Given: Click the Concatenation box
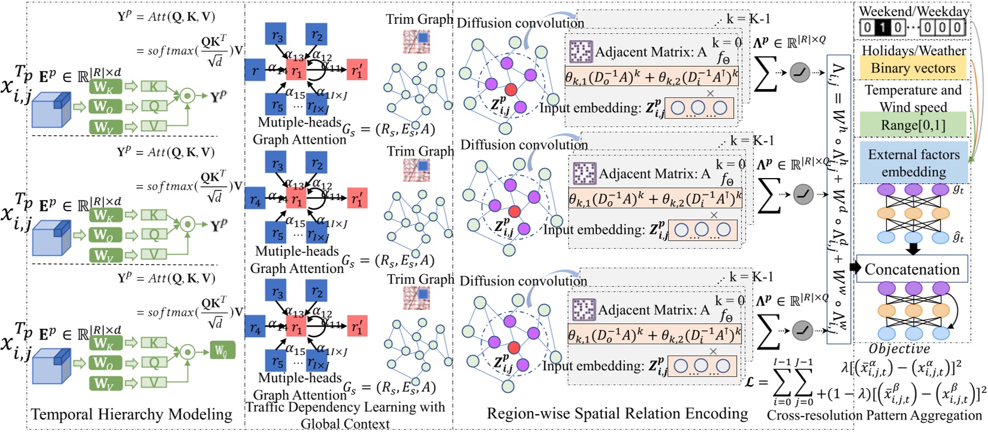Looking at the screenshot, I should coord(912,269).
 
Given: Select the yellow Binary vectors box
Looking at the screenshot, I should coord(913,68).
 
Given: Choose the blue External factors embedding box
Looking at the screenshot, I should coord(913,163).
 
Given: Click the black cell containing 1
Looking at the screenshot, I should coord(883,27).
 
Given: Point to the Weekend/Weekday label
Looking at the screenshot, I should coord(914,11).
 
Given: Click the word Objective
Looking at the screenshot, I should coord(899,349).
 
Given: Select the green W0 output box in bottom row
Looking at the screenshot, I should coord(222,350).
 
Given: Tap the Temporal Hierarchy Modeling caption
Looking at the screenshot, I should coord(131,414).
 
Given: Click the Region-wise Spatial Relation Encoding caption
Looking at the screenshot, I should coord(617,414).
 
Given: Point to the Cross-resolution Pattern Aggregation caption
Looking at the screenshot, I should coord(874,415).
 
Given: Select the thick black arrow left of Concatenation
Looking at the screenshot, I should coord(856,268).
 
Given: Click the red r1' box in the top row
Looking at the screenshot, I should coord(356,70).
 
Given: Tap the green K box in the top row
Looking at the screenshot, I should coord(153,87).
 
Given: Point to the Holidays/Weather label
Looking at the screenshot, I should coord(913,50).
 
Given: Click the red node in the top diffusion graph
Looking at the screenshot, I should coord(510,90).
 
